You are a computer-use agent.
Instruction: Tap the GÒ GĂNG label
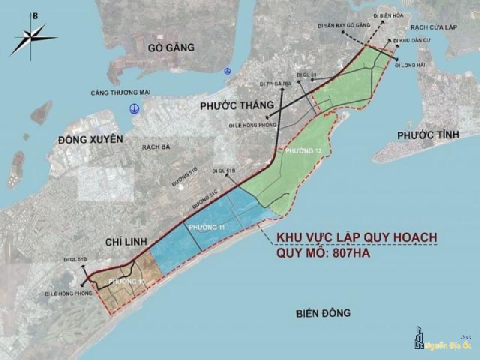pos(171,47)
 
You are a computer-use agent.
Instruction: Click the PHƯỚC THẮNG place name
pos(235,106)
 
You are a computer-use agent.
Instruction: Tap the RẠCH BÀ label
pos(155,147)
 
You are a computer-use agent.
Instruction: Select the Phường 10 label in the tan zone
pos(124,280)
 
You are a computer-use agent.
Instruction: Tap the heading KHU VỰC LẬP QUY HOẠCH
pos(357,238)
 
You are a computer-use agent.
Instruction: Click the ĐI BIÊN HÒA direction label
pos(388,13)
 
